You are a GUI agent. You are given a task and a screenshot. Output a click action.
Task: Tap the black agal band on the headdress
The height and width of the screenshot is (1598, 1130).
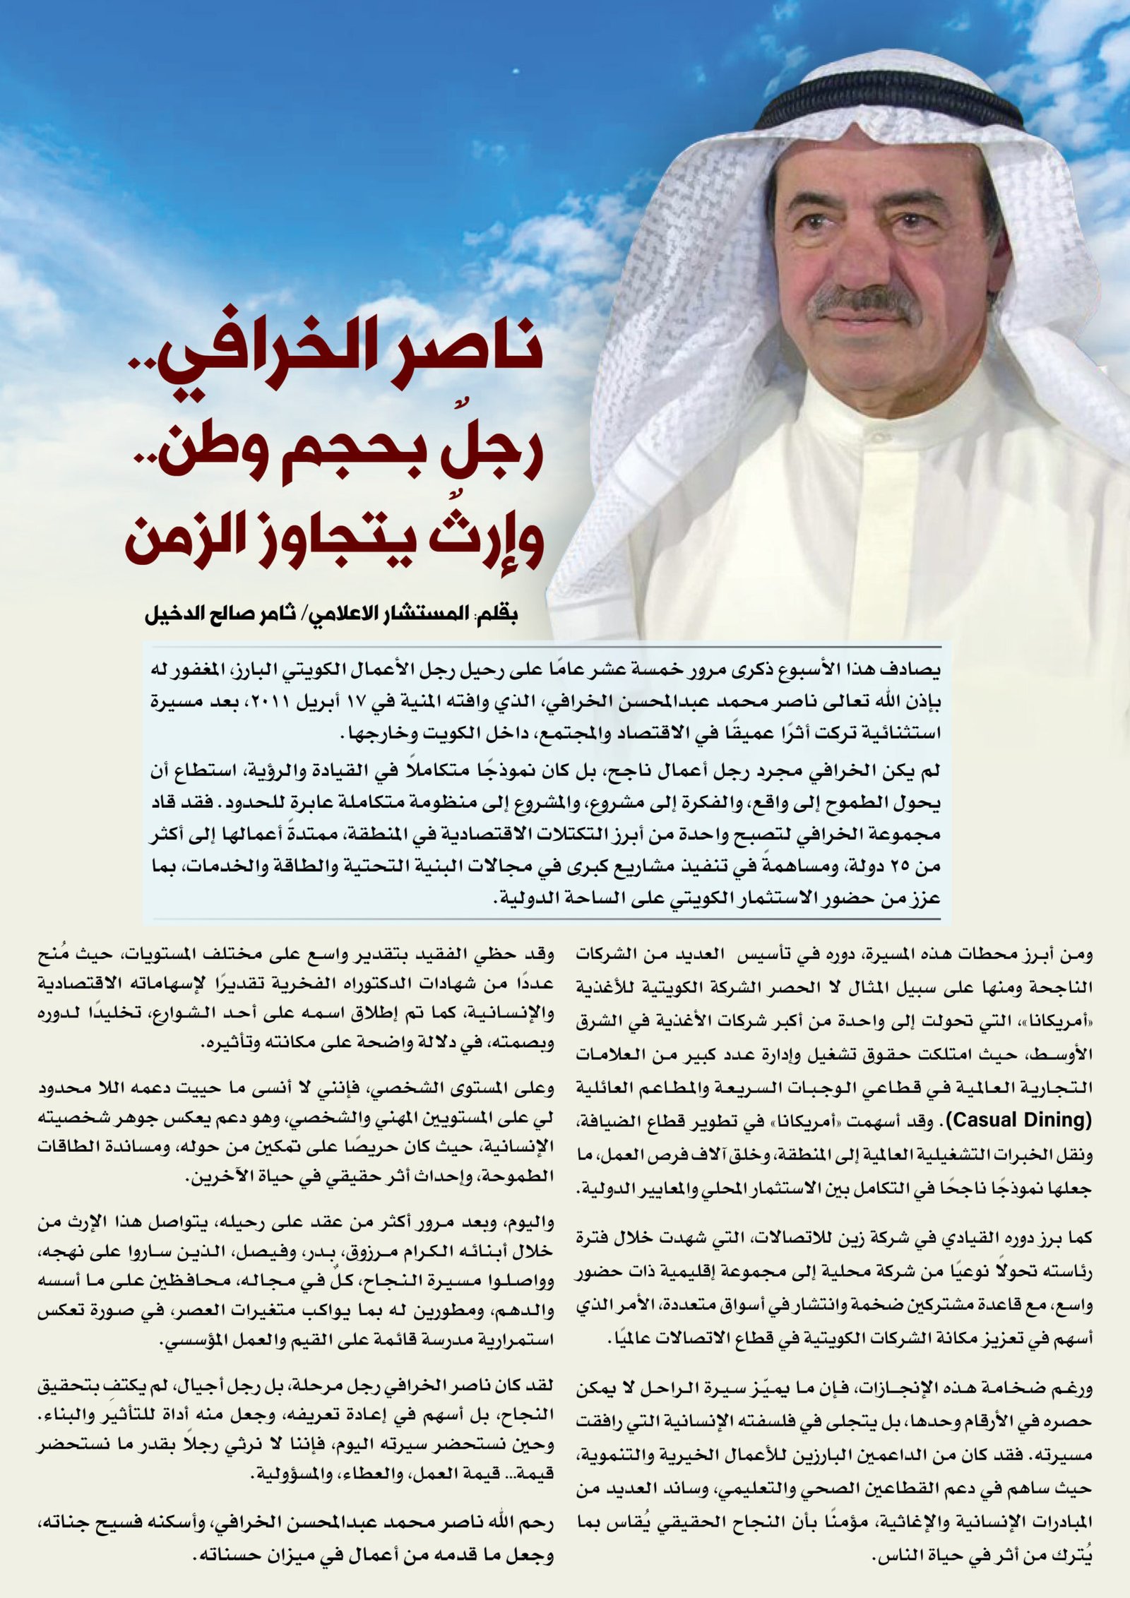890,105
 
